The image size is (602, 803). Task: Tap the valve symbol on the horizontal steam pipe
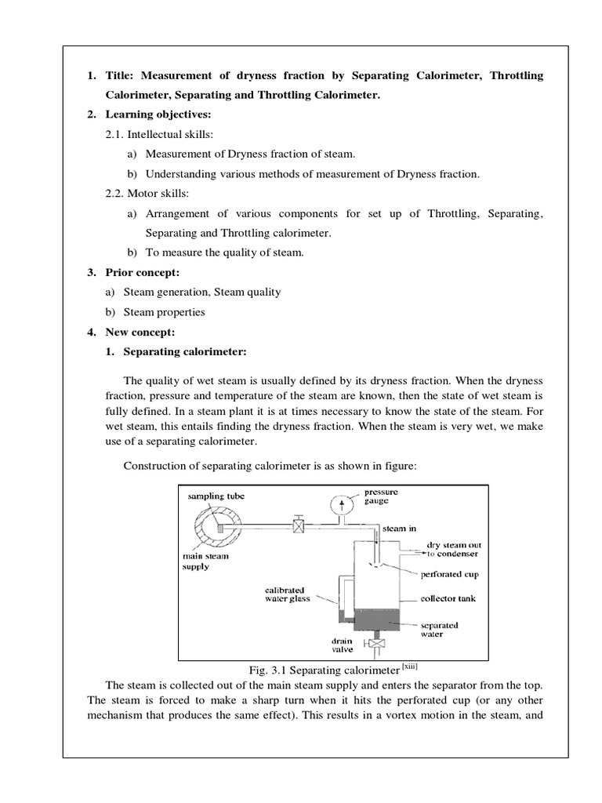point(298,527)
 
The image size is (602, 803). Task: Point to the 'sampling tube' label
point(216,496)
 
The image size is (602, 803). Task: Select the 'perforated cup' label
point(449,574)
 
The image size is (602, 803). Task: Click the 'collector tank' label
point(448,598)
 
